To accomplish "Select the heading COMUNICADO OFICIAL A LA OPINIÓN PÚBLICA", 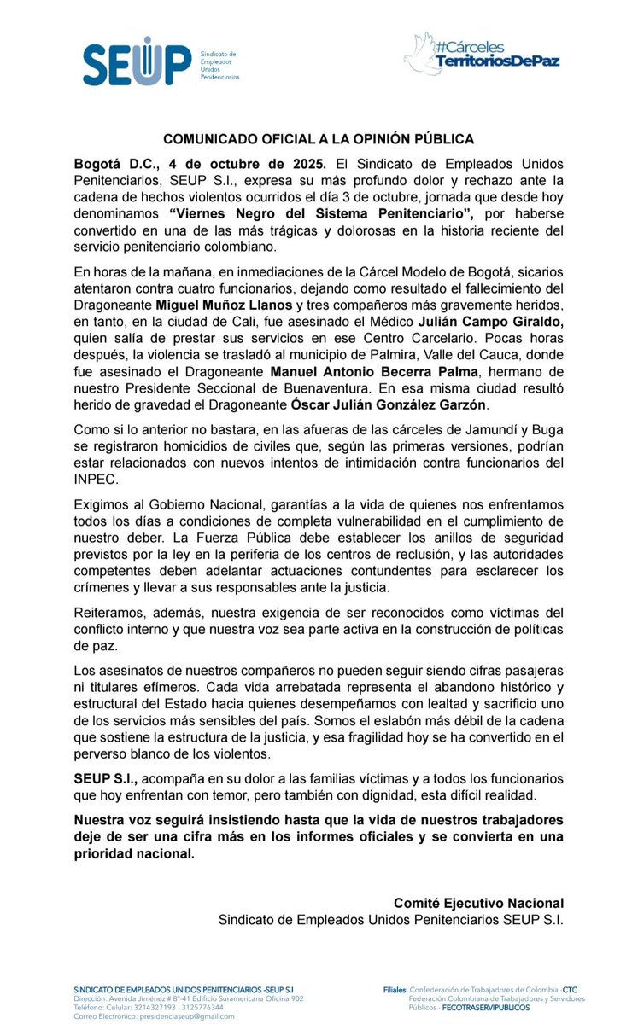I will click(319, 138).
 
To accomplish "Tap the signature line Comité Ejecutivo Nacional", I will click(478, 903).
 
